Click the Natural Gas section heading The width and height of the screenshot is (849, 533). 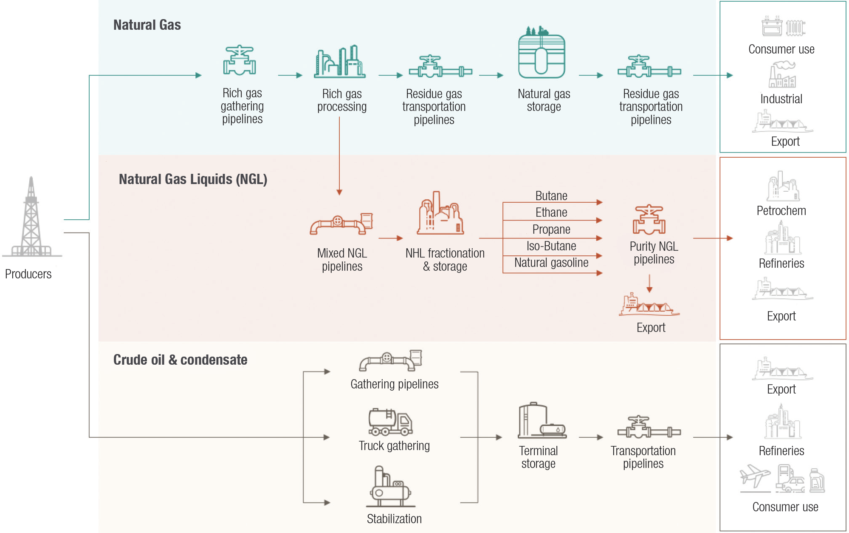coord(147,25)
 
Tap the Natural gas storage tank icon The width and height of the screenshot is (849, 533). coord(542,53)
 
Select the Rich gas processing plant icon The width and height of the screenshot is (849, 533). coord(340,62)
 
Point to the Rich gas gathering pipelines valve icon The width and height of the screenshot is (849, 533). coord(240,60)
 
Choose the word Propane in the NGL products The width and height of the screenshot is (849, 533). coord(551,230)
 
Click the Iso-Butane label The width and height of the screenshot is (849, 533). coord(551,246)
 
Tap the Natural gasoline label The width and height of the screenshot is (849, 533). coord(551,263)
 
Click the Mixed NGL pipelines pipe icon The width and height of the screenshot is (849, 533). coord(341,224)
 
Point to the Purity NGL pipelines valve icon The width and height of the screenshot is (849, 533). coord(649,220)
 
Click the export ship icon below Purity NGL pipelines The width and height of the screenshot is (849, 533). coord(649,305)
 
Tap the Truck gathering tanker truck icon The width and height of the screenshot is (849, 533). coord(390,422)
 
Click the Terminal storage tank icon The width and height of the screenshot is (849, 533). coord(541,421)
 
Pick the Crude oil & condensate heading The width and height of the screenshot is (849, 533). coord(180,360)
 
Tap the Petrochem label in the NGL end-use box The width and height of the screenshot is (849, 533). coord(781,211)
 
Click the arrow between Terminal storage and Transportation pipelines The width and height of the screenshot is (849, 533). coord(591,437)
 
